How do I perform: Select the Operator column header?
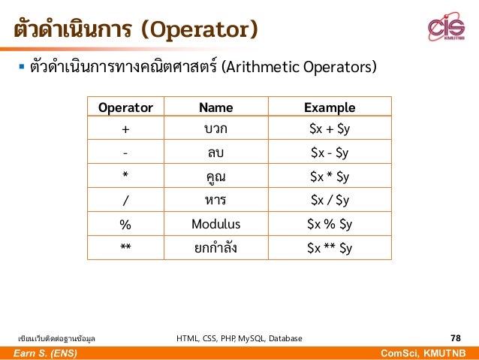tap(125, 107)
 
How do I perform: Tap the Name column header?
tap(215, 107)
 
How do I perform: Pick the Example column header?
tap(330, 107)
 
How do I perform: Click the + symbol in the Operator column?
tap(125, 129)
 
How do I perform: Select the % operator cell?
tap(125, 225)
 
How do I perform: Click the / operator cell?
tap(125, 201)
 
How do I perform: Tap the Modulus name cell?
tap(215, 225)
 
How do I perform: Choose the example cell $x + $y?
tap(330, 129)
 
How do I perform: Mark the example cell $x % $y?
tap(330, 225)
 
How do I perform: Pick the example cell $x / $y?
tap(330, 201)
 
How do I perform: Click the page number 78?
tap(455, 338)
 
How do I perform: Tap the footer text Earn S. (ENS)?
tap(44, 353)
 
